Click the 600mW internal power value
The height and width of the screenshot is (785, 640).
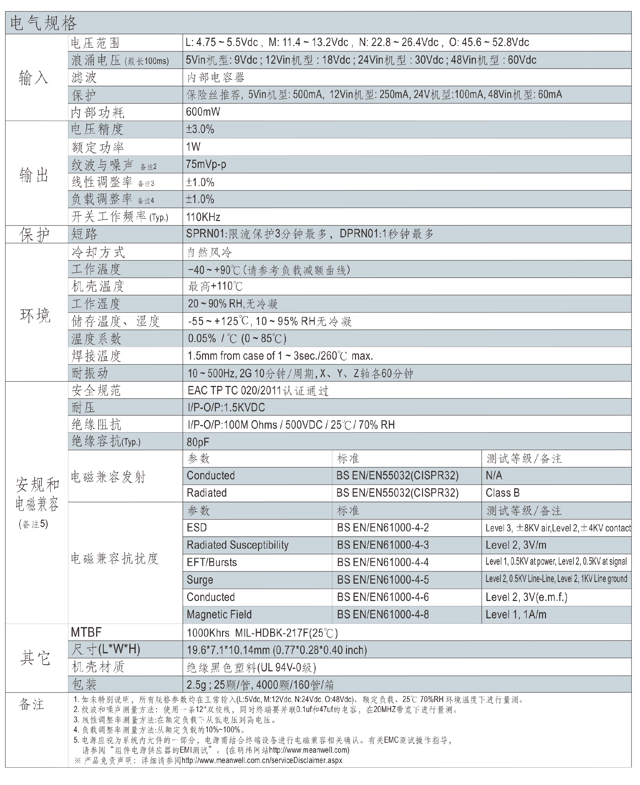click(x=203, y=112)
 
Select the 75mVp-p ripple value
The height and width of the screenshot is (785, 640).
click(x=206, y=164)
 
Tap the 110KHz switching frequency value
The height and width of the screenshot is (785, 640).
click(x=203, y=217)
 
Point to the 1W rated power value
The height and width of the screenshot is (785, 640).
click(x=193, y=147)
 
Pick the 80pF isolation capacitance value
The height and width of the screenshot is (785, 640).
click(x=198, y=442)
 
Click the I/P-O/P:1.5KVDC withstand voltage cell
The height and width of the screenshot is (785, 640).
click(x=226, y=407)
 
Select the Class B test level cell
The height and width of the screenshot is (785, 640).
click(x=502, y=493)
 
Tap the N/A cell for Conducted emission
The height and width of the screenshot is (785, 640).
click(x=494, y=476)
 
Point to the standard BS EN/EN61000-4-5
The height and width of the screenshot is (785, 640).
click(x=383, y=580)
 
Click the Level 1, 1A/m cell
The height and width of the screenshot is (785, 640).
click(x=516, y=615)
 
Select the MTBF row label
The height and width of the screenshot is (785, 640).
click(x=86, y=632)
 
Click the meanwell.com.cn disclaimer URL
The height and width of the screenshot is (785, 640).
click(x=262, y=760)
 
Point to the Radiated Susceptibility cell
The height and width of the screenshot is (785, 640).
click(x=237, y=545)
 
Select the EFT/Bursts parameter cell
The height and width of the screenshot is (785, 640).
click(x=212, y=563)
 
